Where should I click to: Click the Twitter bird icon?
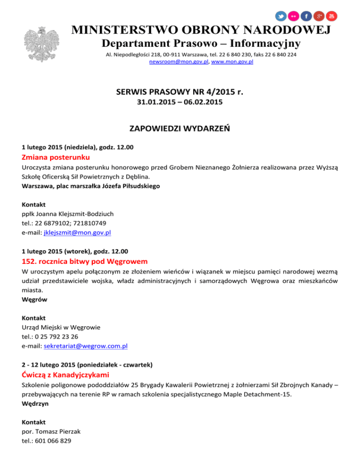tap(281, 16)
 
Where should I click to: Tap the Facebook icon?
tap(307, 16)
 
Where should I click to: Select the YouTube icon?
tap(332, 16)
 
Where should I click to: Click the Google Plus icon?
tap(319, 16)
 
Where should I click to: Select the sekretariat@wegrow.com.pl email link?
tap(86, 346)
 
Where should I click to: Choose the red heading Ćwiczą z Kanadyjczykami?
tap(65, 375)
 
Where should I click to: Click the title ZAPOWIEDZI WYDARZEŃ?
tap(180, 128)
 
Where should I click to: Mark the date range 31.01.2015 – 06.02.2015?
tap(180, 102)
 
